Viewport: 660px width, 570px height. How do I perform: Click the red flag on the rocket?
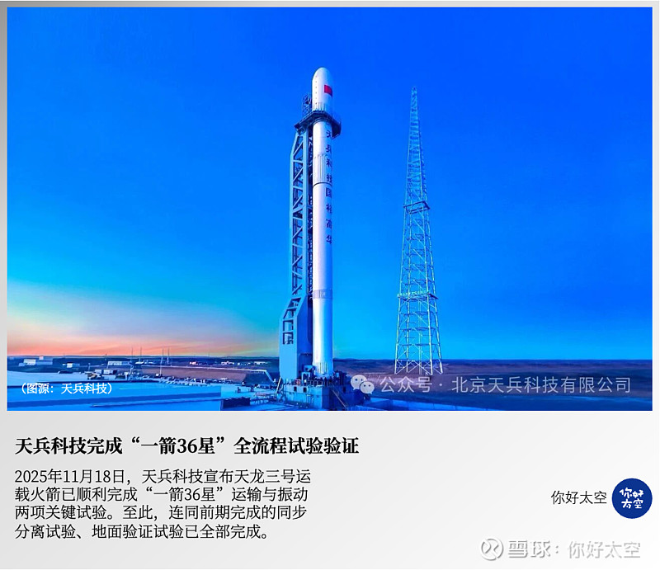[328, 89]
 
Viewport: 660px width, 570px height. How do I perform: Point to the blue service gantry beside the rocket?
[298, 247]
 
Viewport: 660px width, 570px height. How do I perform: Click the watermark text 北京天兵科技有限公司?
[540, 384]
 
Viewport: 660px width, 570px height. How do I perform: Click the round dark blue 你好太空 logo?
[631, 497]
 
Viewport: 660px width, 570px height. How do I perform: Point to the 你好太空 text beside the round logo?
[579, 498]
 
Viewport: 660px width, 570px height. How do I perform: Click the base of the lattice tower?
[418, 367]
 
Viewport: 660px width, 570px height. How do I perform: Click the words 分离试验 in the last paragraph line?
[43, 532]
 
